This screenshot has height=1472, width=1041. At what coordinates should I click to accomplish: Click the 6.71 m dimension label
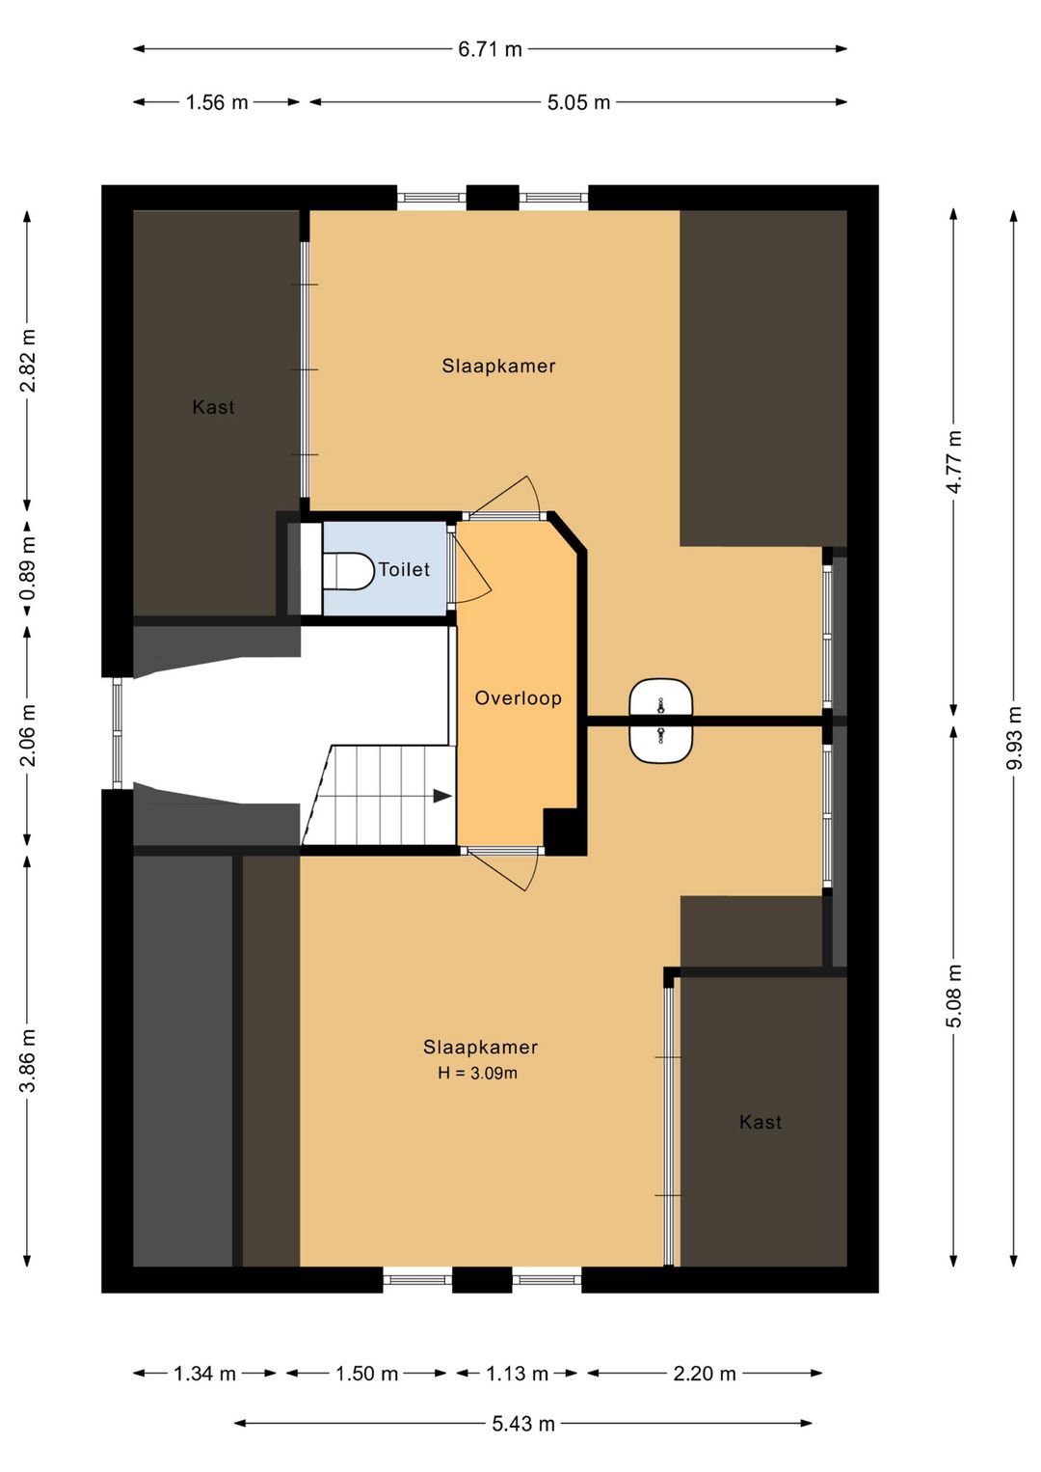(490, 49)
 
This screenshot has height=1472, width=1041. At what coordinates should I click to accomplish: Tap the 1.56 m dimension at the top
(217, 102)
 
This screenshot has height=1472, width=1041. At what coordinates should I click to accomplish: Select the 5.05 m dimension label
(578, 102)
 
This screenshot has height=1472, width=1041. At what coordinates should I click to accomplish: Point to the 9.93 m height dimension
(1014, 737)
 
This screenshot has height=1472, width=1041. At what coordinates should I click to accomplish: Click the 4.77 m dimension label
(954, 462)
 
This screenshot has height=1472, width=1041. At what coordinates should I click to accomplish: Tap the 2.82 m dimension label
(28, 360)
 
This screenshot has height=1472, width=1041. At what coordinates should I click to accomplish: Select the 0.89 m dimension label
(28, 568)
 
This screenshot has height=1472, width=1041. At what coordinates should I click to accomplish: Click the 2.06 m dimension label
(28, 735)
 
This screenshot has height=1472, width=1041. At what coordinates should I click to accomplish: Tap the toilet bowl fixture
(347, 570)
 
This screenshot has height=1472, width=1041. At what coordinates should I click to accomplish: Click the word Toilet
(404, 569)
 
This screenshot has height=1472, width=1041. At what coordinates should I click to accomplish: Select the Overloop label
(519, 697)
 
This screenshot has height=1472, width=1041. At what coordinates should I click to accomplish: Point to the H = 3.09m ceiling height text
(477, 1073)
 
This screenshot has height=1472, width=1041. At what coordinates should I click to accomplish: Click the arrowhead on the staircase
(442, 797)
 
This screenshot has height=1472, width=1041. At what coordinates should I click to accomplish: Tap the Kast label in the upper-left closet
(213, 407)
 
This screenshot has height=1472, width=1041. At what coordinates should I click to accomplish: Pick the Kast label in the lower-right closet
(761, 1122)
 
